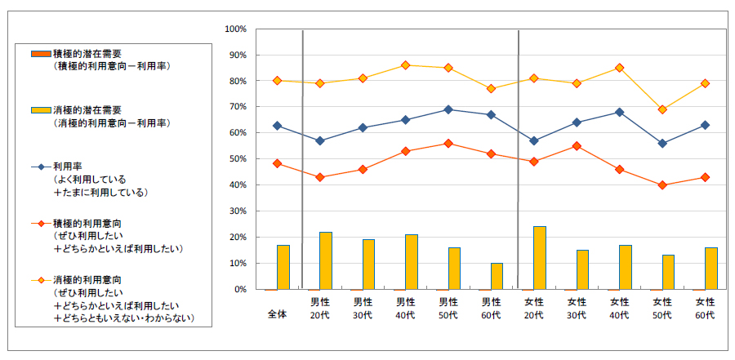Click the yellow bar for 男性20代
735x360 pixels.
pyautogui.click(x=325, y=260)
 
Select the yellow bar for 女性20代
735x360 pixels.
pyautogui.click(x=540, y=258)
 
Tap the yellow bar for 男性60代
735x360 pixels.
pyautogui.click(x=497, y=276)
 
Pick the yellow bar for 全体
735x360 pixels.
pyautogui.click(x=283, y=267)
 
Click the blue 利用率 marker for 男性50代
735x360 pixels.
pyautogui.click(x=448, y=109)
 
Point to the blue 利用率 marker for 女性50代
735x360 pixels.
pyautogui.click(x=661, y=143)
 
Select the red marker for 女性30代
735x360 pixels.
pyautogui.click(x=577, y=146)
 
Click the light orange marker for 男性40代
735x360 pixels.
pyautogui.click(x=405, y=65)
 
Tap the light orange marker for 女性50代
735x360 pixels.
pyautogui.click(x=661, y=109)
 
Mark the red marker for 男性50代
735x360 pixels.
pyautogui.click(x=448, y=143)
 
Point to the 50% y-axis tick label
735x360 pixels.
pyautogui.click(x=237, y=159)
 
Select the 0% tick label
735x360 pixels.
pyautogui.click(x=240, y=290)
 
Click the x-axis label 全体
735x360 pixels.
pyautogui.click(x=278, y=314)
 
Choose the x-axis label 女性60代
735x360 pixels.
pyautogui.click(x=704, y=309)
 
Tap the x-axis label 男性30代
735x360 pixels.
pyautogui.click(x=363, y=309)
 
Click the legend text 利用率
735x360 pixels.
pyautogui.click(x=67, y=166)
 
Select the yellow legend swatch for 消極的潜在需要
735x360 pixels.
pyautogui.click(x=41, y=109)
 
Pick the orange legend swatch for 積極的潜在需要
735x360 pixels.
pyautogui.click(x=41, y=53)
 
